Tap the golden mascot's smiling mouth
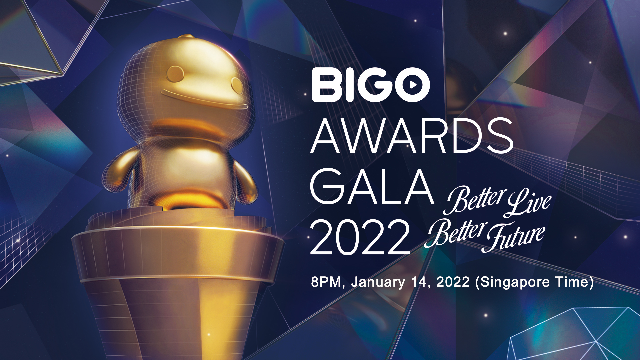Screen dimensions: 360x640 click(203, 100)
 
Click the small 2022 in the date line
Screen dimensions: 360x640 click(453, 282)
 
